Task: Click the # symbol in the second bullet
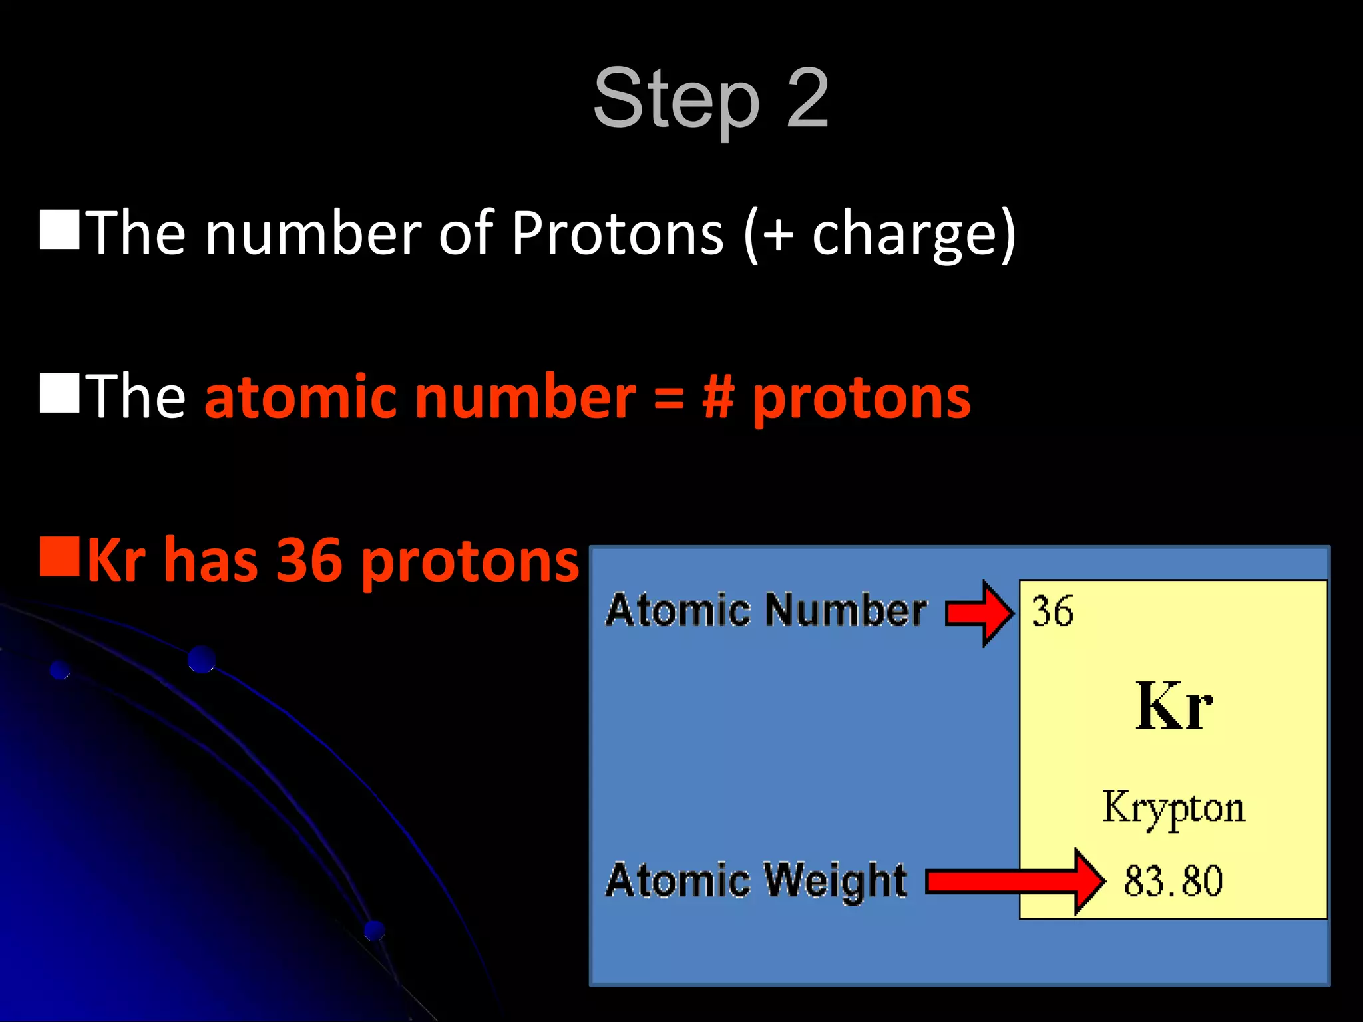(718, 397)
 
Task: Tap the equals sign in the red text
(668, 398)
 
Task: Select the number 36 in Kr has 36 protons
(309, 561)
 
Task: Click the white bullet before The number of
(59, 229)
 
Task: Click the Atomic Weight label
(757, 880)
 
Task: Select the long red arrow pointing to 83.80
(1015, 882)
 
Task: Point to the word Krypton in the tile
(1173, 808)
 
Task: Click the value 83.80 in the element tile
(1173, 881)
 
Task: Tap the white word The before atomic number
(136, 397)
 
